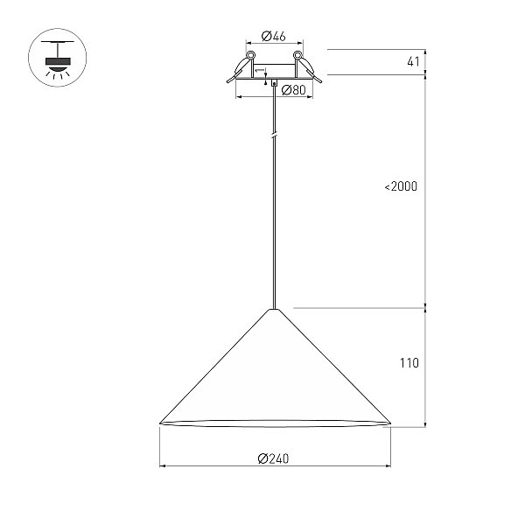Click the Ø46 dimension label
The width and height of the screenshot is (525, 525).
[x=273, y=36]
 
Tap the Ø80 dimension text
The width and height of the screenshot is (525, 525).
[x=294, y=90]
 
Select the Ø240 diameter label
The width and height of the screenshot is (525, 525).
[x=273, y=458]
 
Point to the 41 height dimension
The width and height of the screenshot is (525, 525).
[x=413, y=61]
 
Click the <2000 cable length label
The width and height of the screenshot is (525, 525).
[x=401, y=186]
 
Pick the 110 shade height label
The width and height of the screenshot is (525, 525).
[x=409, y=362]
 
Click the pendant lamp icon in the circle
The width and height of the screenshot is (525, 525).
[x=58, y=58]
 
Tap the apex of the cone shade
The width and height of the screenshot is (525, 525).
[x=274, y=310]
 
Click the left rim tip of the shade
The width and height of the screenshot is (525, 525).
[x=160, y=423]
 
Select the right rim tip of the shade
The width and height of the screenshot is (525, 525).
[x=391, y=423]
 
